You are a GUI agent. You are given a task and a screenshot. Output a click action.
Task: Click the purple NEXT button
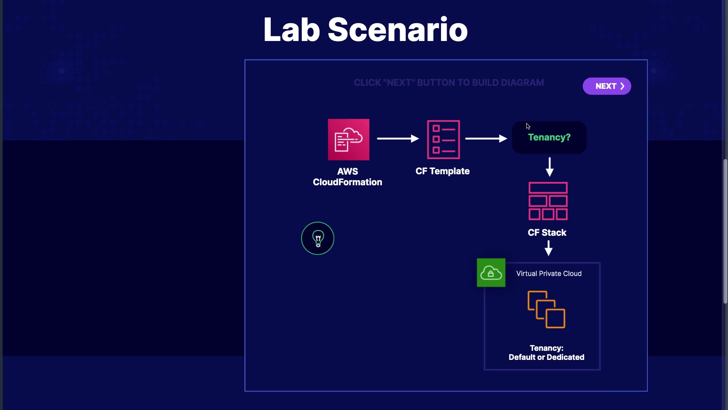(607, 86)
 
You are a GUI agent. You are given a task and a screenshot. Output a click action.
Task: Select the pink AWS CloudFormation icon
(348, 139)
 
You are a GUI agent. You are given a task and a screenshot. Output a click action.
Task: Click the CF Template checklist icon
(443, 139)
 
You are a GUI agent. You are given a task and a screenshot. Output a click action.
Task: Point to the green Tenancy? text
(549, 137)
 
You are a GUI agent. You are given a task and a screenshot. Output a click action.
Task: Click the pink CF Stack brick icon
(548, 201)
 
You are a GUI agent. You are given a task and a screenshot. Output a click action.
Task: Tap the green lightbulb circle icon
(318, 238)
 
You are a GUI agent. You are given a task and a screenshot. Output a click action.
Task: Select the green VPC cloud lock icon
(491, 273)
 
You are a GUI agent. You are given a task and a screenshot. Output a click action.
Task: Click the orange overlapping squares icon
(546, 309)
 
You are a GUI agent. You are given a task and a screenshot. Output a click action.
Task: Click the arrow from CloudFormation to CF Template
(398, 139)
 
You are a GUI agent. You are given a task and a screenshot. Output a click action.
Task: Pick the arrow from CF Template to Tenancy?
(486, 139)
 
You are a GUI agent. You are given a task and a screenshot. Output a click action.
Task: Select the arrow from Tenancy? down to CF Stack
(549, 167)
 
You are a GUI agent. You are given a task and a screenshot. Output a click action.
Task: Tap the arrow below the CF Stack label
(548, 248)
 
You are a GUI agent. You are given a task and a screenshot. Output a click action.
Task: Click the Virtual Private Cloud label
(549, 274)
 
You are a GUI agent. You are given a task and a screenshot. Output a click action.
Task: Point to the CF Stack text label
(547, 233)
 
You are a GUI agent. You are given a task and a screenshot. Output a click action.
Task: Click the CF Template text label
(442, 171)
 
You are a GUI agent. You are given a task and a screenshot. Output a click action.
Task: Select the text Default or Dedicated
(546, 357)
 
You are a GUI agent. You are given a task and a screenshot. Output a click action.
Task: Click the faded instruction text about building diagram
(449, 83)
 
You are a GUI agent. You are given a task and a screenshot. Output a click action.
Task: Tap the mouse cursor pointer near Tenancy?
(528, 126)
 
